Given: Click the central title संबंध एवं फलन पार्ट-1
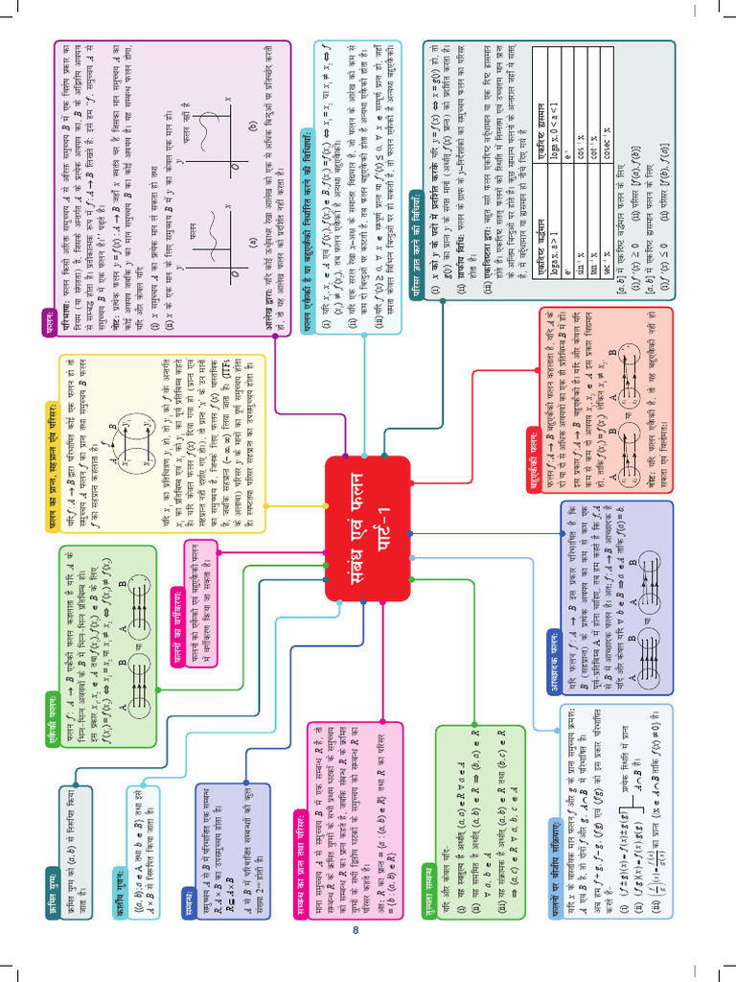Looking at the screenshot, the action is tap(368, 528).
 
